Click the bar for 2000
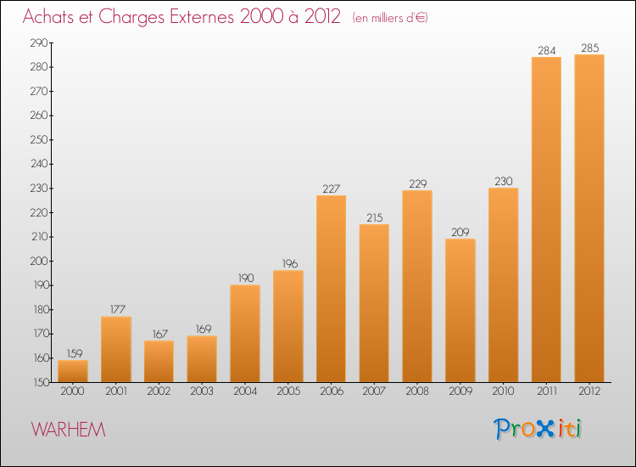(x=73, y=371)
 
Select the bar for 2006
(x=331, y=289)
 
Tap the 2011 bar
(x=546, y=219)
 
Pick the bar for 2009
(x=460, y=310)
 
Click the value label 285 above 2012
(x=589, y=48)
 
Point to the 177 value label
(x=118, y=309)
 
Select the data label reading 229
(x=418, y=184)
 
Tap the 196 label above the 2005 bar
(x=290, y=264)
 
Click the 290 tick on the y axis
(x=39, y=42)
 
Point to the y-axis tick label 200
(x=39, y=262)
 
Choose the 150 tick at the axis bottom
(x=41, y=382)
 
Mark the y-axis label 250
(x=39, y=140)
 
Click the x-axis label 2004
(x=245, y=391)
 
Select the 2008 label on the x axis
(x=417, y=391)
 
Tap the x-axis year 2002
(x=159, y=391)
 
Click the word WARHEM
(x=68, y=430)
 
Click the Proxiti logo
(x=538, y=429)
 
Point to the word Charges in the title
(x=131, y=18)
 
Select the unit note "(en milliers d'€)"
(x=390, y=18)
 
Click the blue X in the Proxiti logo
(x=544, y=430)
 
